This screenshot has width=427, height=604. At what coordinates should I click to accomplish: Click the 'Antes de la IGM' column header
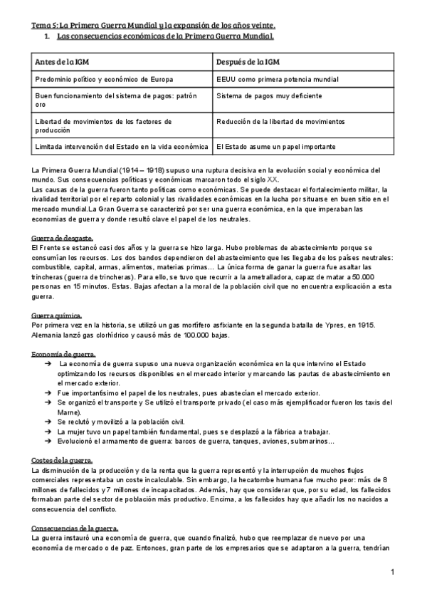point(63,61)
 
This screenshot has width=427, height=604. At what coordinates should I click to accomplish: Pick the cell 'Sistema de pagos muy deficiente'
point(270,95)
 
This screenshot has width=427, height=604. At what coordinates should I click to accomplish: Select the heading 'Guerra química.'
point(58,315)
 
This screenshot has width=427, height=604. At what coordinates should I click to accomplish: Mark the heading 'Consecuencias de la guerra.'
point(75,527)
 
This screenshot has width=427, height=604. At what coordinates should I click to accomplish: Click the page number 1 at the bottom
point(392,572)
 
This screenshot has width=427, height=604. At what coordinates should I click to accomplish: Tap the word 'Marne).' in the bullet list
point(69,411)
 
